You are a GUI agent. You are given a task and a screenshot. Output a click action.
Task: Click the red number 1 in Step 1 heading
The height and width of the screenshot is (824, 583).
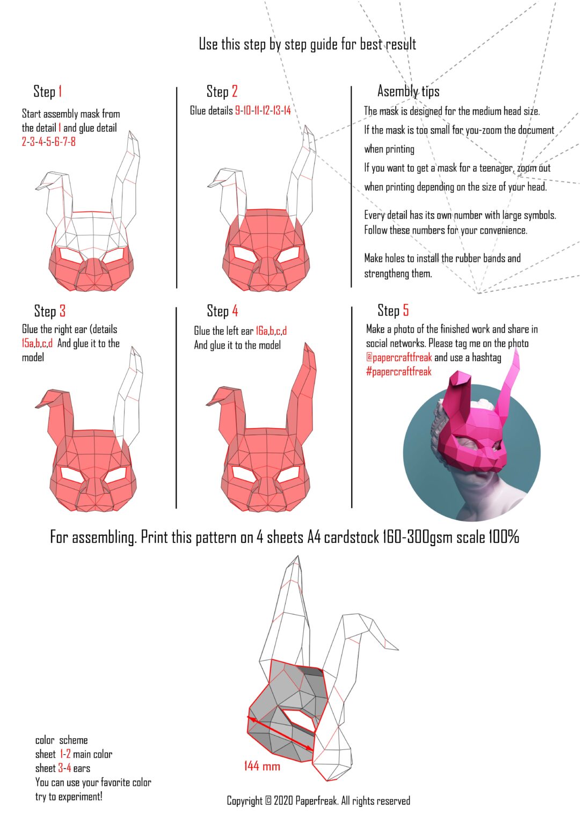60,92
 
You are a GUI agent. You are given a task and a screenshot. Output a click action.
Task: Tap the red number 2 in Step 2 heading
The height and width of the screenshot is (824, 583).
235,92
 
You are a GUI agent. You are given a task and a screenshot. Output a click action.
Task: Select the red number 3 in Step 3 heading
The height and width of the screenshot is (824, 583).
62,311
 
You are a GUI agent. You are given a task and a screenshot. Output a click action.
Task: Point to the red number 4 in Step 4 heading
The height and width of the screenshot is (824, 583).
235,311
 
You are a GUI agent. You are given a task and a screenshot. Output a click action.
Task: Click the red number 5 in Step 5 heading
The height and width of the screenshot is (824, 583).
406,311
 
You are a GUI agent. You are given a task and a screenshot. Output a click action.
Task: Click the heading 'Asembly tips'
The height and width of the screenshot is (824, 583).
408,92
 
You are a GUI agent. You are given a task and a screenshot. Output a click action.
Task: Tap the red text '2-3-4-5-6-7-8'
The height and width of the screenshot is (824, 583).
48,142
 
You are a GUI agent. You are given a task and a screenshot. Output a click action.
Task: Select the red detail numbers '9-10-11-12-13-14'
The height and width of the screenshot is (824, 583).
263,111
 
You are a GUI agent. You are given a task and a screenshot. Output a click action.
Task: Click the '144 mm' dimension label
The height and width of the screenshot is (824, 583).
262,766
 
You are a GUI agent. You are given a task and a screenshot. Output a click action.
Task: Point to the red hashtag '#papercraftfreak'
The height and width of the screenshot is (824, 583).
398,372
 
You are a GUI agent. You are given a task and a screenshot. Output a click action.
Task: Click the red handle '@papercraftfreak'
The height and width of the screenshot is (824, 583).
399,358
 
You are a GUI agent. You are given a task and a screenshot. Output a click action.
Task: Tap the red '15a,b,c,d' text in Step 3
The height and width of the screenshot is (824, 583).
37,344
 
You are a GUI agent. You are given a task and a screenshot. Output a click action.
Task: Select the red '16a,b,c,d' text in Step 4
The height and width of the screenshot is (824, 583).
271,331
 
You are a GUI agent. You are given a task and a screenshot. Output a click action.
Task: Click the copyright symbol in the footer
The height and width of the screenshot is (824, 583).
268,801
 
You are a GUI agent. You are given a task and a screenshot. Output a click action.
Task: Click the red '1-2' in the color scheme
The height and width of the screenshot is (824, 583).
65,754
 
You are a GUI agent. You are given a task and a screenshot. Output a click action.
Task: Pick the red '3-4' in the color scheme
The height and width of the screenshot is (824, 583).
64,768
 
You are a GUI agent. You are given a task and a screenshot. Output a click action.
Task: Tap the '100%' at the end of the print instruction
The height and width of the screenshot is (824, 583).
504,537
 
